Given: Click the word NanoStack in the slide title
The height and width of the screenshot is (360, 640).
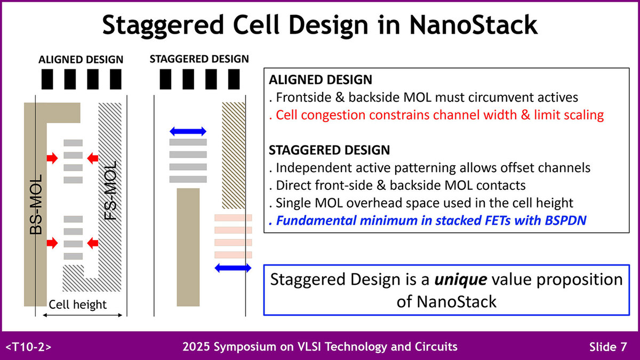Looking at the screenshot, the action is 474,25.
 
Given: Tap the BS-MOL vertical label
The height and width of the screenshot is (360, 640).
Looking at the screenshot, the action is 36,205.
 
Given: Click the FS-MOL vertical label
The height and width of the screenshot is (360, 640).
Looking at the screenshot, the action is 110,190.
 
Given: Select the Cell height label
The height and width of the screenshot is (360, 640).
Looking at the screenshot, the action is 77,305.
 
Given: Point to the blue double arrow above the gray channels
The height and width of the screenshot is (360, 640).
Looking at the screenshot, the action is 188,131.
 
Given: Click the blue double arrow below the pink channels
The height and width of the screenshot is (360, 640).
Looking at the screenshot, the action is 233,268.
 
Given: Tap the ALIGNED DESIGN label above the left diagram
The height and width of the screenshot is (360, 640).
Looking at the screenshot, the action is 81,59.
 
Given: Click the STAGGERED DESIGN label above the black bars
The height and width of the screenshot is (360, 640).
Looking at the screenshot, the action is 199,59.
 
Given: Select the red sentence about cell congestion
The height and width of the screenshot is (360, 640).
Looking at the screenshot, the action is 436,115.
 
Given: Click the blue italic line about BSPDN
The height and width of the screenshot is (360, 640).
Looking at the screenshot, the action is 427,221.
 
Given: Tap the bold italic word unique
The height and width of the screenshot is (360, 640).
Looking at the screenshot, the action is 461,279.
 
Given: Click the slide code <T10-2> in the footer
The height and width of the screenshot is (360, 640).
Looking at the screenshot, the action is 28,347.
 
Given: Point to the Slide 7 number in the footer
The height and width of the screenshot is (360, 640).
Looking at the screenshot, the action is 608,347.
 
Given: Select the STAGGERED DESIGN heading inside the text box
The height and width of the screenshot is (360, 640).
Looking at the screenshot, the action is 329,150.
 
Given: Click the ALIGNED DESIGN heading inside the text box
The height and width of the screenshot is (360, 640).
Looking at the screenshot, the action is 321,79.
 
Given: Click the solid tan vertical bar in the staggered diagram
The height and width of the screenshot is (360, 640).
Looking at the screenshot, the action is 188,247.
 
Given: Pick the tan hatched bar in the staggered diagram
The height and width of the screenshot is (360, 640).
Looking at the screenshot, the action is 234,155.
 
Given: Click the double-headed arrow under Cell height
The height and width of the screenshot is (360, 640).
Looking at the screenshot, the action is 82,315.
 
